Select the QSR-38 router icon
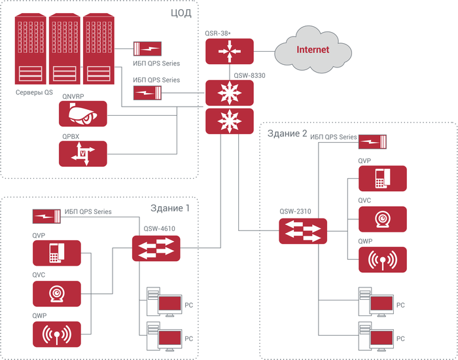point(229,50)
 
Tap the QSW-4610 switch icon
point(155,248)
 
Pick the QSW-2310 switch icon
point(302,230)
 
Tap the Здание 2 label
point(286,133)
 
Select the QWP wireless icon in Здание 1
point(57,334)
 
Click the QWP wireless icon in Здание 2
point(383,260)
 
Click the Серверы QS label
point(34,92)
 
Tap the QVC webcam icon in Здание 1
point(57,294)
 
